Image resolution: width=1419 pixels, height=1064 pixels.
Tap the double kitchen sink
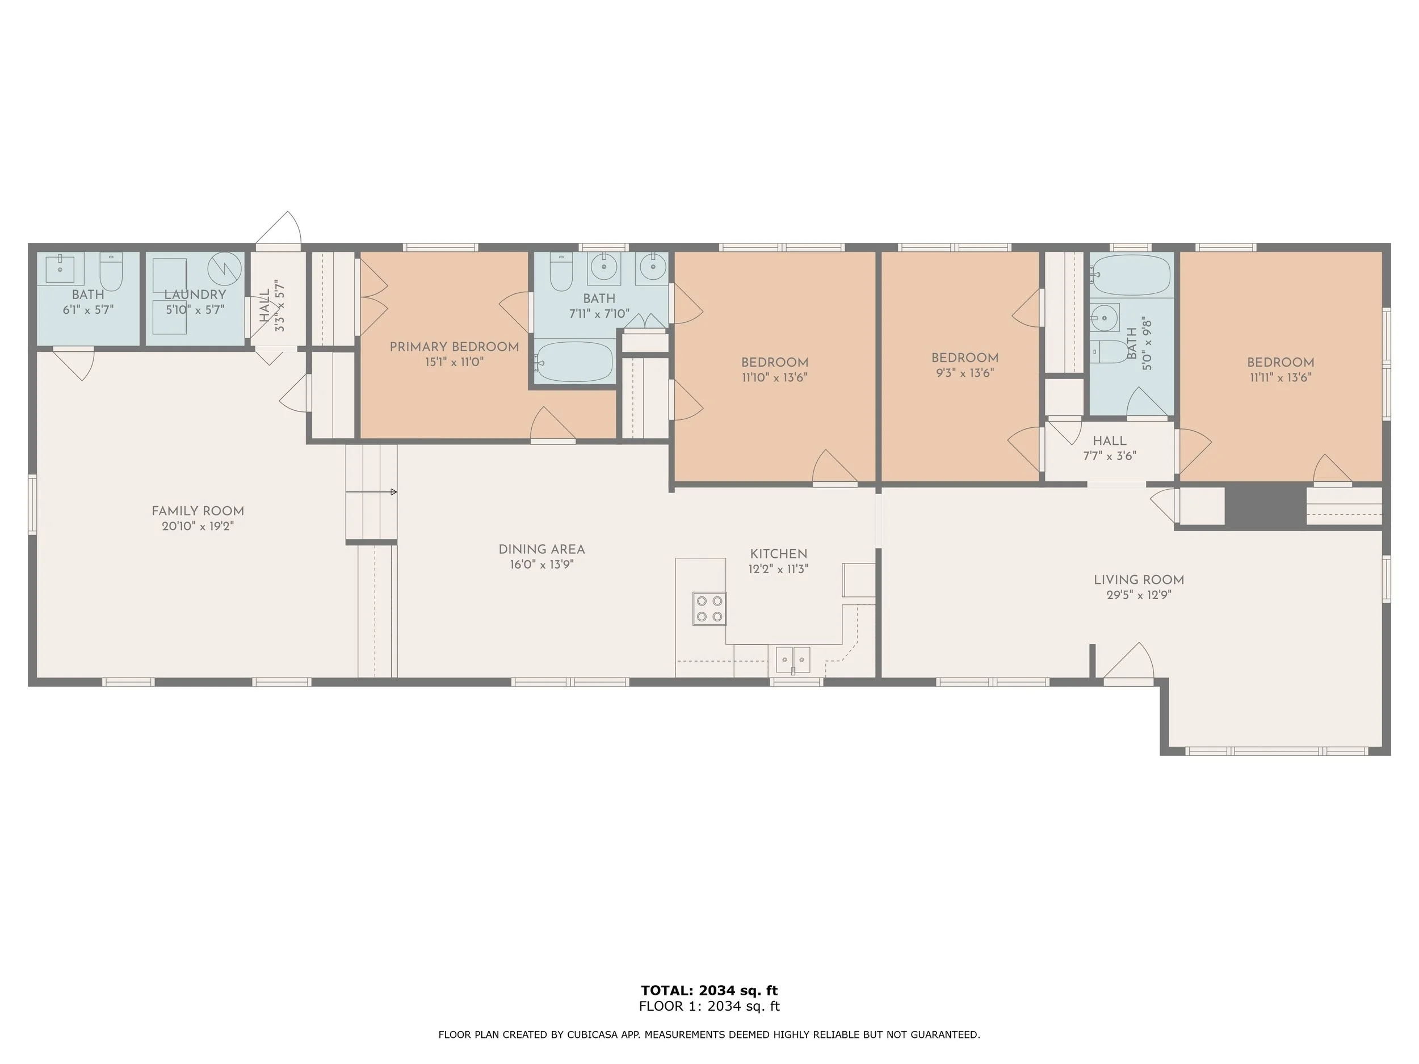[793, 660]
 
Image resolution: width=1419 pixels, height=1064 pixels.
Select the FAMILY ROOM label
[198, 511]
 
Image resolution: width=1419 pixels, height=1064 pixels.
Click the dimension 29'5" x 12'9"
[1139, 595]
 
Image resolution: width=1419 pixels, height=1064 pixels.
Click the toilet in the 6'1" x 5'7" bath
[111, 272]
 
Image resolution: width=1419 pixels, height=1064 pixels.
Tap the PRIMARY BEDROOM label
[454, 347]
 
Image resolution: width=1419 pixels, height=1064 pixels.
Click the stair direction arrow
[393, 492]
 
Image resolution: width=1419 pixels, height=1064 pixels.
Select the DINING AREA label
[541, 550]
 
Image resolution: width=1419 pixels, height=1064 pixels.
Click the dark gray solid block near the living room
[1265, 506]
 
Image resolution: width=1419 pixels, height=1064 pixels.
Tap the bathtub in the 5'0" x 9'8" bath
[1132, 275]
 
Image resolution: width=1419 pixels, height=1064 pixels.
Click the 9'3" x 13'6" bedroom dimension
[964, 373]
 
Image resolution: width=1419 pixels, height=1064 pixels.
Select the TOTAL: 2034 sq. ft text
[709, 990]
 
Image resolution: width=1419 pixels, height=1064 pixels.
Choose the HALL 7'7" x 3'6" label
[1109, 448]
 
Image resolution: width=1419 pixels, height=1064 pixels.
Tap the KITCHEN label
[778, 553]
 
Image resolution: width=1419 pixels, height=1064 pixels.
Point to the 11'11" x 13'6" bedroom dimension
[1280, 378]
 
